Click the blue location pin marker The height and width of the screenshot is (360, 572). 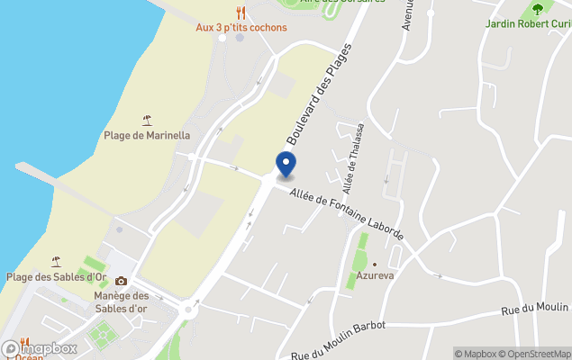[x=285, y=164]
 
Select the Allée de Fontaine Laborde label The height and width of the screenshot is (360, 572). [x=347, y=215]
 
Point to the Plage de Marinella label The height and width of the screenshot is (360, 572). [x=147, y=135]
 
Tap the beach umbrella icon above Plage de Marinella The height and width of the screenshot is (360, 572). [x=147, y=120]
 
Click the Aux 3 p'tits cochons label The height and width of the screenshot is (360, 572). [x=241, y=27]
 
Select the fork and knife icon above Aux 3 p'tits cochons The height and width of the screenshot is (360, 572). [x=241, y=12]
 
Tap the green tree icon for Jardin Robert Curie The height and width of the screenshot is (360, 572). [x=538, y=9]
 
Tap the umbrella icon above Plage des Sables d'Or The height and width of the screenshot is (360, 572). [x=56, y=261]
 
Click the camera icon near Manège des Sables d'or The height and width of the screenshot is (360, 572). [x=121, y=281]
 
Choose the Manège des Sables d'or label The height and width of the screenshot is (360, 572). [x=121, y=302]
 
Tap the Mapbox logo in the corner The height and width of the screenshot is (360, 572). [x=40, y=348]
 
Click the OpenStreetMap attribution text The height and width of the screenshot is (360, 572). [x=537, y=354]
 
